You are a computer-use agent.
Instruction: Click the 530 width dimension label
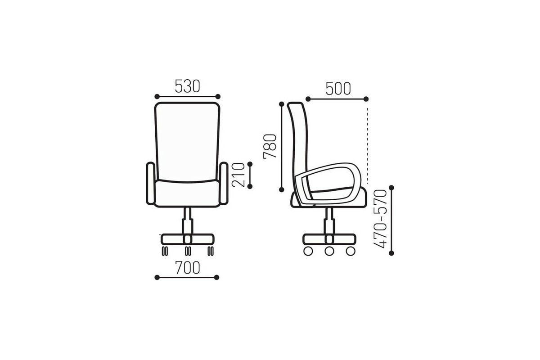[187, 86]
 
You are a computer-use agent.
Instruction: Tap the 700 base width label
[188, 268]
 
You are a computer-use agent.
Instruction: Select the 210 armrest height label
[238, 175]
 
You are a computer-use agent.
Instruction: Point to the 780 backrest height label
[270, 146]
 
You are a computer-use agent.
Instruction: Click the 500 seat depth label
[338, 89]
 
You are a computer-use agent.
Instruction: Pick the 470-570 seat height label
[380, 219]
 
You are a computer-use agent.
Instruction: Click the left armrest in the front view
[151, 184]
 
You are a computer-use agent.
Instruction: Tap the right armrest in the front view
[224, 184]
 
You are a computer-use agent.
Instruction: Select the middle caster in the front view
[188, 251]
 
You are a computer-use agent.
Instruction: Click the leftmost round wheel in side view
[308, 251]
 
